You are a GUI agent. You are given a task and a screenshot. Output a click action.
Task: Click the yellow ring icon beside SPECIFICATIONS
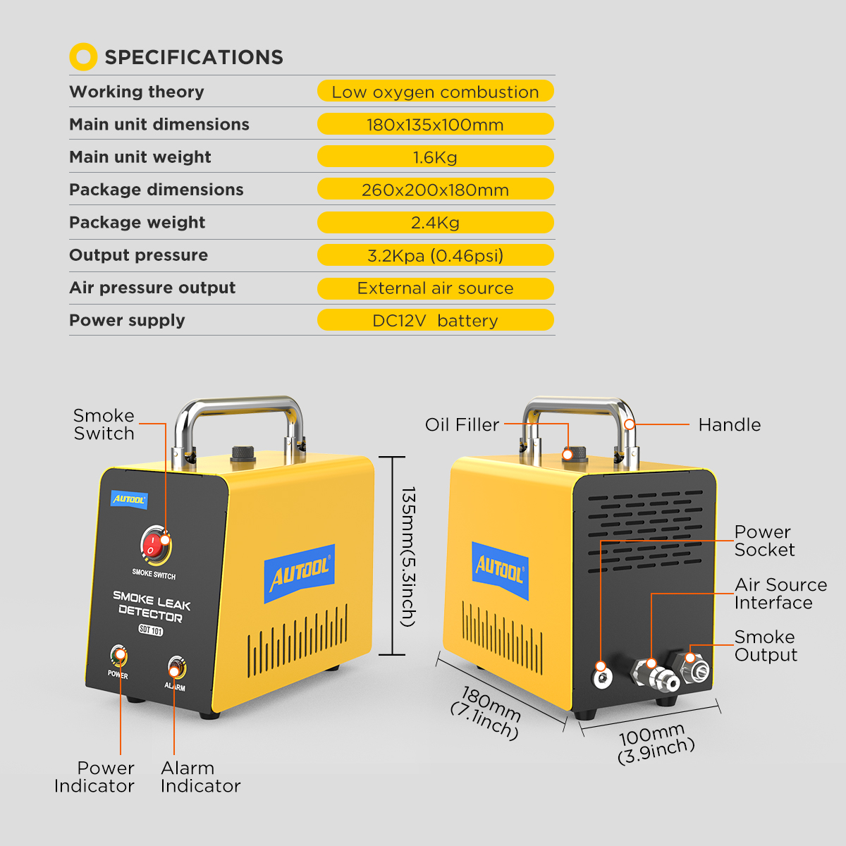(x=83, y=57)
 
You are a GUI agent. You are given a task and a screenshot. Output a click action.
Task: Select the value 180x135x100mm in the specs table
(x=435, y=124)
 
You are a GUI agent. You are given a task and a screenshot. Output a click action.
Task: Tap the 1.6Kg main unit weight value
(x=435, y=157)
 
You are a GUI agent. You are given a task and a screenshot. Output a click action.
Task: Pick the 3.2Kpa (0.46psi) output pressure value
(x=435, y=255)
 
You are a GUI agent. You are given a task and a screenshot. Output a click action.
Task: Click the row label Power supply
(x=127, y=320)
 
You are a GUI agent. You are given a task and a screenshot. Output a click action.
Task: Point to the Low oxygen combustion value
(x=435, y=92)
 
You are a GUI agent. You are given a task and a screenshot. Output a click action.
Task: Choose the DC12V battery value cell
(x=435, y=320)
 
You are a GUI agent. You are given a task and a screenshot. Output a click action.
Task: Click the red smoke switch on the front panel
(x=155, y=545)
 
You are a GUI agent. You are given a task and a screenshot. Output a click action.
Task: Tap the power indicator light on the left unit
(x=118, y=656)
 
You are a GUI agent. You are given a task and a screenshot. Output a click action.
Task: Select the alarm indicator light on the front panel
(x=176, y=667)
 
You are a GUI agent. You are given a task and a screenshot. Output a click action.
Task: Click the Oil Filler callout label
(x=462, y=424)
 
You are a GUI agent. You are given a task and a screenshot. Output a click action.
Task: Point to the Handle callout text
(x=729, y=424)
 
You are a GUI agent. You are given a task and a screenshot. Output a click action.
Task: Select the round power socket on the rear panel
(x=601, y=677)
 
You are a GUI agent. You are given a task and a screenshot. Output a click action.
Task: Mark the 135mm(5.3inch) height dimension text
(x=408, y=556)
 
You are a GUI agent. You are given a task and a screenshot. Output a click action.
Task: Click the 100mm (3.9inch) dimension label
(x=655, y=742)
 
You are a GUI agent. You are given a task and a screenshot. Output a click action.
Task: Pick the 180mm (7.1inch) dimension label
(x=487, y=712)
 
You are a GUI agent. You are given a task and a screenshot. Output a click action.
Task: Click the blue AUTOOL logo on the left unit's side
(x=300, y=573)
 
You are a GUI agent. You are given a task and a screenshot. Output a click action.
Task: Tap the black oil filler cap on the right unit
(x=576, y=453)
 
